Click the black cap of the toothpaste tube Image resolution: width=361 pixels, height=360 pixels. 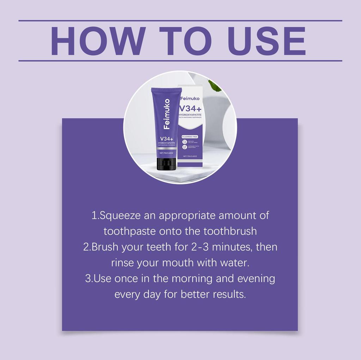[166, 164]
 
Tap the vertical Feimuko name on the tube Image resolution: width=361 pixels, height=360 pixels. [166, 113]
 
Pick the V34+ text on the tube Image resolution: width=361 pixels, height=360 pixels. [166, 138]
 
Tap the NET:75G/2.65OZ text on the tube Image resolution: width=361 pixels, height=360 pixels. [166, 153]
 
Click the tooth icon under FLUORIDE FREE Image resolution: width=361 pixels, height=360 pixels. [185, 142]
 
